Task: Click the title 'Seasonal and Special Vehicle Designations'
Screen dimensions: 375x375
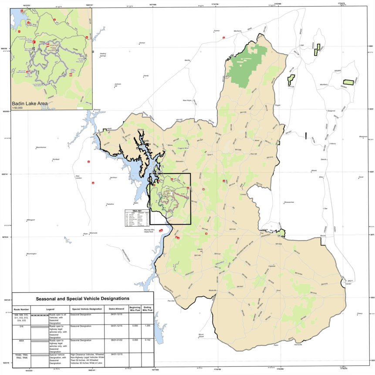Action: point(82,299)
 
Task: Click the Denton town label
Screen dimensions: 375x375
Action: point(142,43)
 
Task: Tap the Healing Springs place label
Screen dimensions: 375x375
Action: point(103,55)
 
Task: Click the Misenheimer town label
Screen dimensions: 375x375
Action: point(41,148)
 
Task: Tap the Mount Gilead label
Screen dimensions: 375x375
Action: point(201,335)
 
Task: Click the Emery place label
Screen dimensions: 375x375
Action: point(359,313)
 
